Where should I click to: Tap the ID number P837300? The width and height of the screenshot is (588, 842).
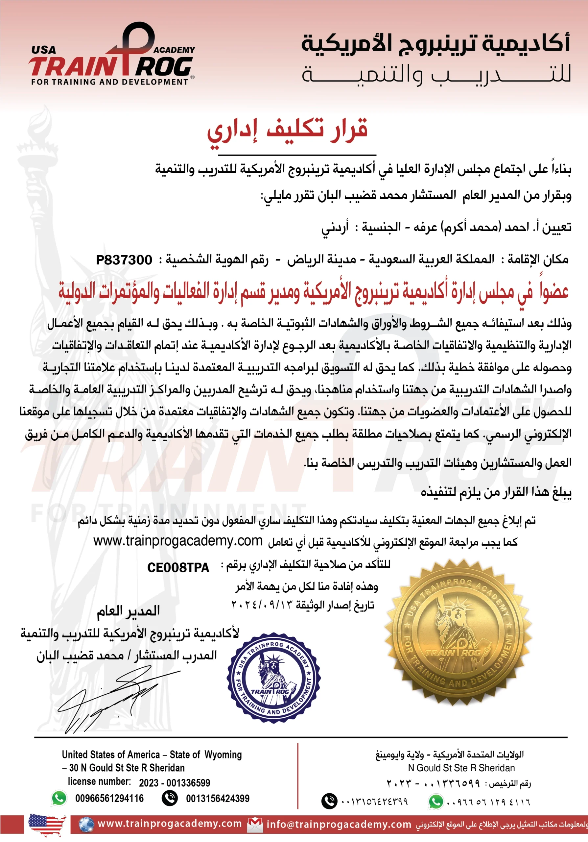click(124, 260)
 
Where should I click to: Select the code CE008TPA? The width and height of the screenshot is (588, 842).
click(178, 567)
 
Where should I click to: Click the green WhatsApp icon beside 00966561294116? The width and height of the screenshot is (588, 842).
click(59, 798)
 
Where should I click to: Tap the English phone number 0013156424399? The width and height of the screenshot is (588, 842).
click(218, 798)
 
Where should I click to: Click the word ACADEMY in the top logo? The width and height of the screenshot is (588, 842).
click(174, 50)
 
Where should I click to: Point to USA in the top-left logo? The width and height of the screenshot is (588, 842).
click(44, 50)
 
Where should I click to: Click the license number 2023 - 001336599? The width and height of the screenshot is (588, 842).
click(175, 782)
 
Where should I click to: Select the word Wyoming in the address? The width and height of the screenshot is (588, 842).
click(223, 755)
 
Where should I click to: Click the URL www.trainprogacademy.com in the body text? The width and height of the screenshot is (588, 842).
click(178, 541)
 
